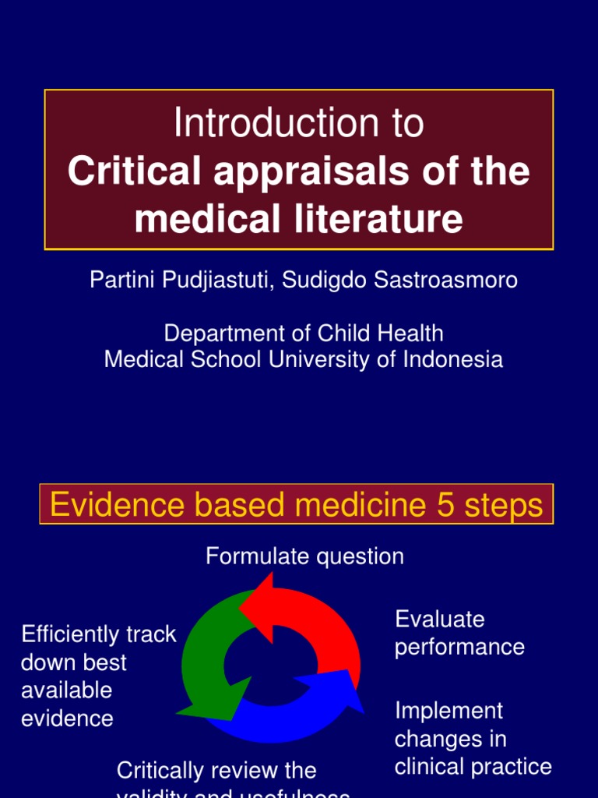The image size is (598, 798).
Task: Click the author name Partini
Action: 121,281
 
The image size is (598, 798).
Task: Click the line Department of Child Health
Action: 304,334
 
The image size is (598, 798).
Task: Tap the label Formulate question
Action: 304,556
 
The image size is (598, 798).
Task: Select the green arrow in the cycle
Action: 204,662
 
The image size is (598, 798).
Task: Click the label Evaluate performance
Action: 459,633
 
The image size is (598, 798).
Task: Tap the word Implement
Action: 448,711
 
